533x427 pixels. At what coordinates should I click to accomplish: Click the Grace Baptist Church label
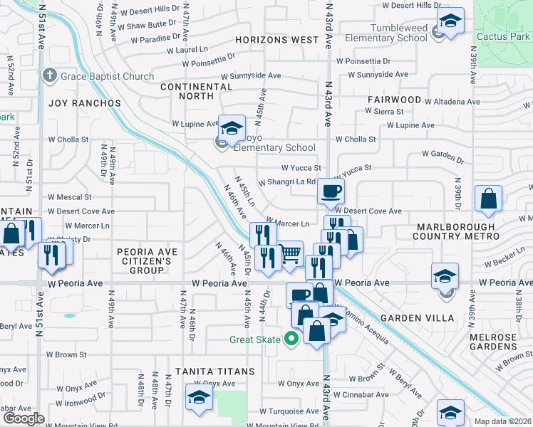click(x=107, y=76)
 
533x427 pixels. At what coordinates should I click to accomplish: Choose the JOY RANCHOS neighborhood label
click(x=85, y=103)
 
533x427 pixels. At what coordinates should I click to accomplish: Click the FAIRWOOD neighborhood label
click(x=395, y=100)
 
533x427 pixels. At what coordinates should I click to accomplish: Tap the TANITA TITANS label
click(x=215, y=371)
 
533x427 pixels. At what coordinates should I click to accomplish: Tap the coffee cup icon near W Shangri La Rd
click(x=331, y=190)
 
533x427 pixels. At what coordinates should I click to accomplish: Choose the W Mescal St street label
click(x=69, y=196)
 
